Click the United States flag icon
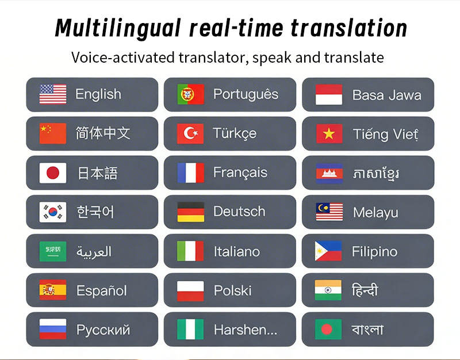pos(53,94)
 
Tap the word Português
pos(246,94)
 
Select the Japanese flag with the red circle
pos(53,173)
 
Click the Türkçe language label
pos(235,133)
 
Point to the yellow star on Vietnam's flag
pos(329,134)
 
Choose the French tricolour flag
pos(191,173)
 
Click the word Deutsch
pos(239,212)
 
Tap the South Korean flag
pos(53,212)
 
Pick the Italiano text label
pos(237,252)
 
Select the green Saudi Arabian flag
pos(53,251)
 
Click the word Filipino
pos(375,252)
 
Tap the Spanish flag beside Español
pos(53,290)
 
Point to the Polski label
pos(233,291)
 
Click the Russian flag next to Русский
pos(53,329)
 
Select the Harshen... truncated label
pos(246,330)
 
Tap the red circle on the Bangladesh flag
pos(327,329)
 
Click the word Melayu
pos(376,213)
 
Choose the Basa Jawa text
pos(387,95)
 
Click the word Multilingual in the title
pos(118,28)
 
